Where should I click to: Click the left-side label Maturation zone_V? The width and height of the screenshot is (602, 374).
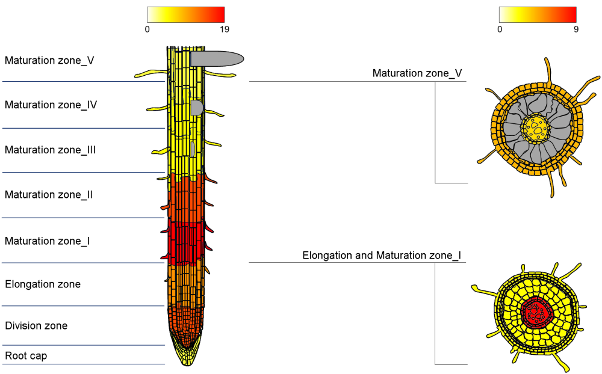49,60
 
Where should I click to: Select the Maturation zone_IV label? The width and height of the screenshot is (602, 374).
51,105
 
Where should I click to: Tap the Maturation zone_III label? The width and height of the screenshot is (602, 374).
51,150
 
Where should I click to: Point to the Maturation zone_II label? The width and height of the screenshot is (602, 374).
49,195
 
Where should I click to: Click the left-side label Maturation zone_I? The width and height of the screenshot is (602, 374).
48,241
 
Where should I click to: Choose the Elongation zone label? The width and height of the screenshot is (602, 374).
43,284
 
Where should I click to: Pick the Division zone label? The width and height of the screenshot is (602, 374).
36,326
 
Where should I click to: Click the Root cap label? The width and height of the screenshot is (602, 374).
26,356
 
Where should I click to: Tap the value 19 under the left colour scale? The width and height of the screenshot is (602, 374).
224,29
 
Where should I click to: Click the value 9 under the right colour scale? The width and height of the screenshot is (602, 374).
576,29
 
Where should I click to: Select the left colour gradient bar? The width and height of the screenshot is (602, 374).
185,14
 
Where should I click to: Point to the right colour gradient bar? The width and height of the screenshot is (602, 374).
538,14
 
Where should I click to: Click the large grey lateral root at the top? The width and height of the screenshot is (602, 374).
217,58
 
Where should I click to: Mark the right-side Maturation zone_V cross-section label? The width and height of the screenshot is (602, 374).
417,73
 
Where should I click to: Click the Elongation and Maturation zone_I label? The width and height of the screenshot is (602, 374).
382,256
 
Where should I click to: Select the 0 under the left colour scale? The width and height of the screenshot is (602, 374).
147,29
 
